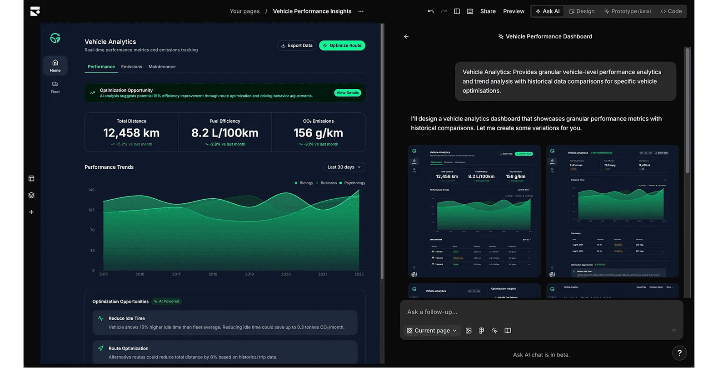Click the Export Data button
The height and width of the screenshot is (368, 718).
coord(297,45)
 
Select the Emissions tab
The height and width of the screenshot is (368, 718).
coord(131,67)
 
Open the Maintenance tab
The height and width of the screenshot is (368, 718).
coord(162,67)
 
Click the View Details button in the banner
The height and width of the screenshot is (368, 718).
coord(347,93)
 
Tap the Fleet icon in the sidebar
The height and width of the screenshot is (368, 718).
coord(55,87)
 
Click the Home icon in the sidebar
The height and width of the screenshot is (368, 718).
coord(55,66)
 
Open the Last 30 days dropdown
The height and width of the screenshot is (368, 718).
coord(344,167)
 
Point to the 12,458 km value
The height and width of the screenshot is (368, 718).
coord(131,133)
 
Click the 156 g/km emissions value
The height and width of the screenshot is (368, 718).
coord(318,133)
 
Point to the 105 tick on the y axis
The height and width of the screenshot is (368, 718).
coord(91,210)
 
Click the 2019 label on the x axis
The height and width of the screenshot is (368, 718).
coord(249,274)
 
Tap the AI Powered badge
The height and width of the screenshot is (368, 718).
coord(167,301)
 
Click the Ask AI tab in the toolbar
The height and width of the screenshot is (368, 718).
coord(548,11)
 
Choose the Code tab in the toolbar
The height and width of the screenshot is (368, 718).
coord(671,11)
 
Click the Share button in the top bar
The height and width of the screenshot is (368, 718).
coord(488,11)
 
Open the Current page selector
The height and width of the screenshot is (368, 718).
coord(432,331)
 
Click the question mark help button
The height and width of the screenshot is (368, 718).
coord(679,353)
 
